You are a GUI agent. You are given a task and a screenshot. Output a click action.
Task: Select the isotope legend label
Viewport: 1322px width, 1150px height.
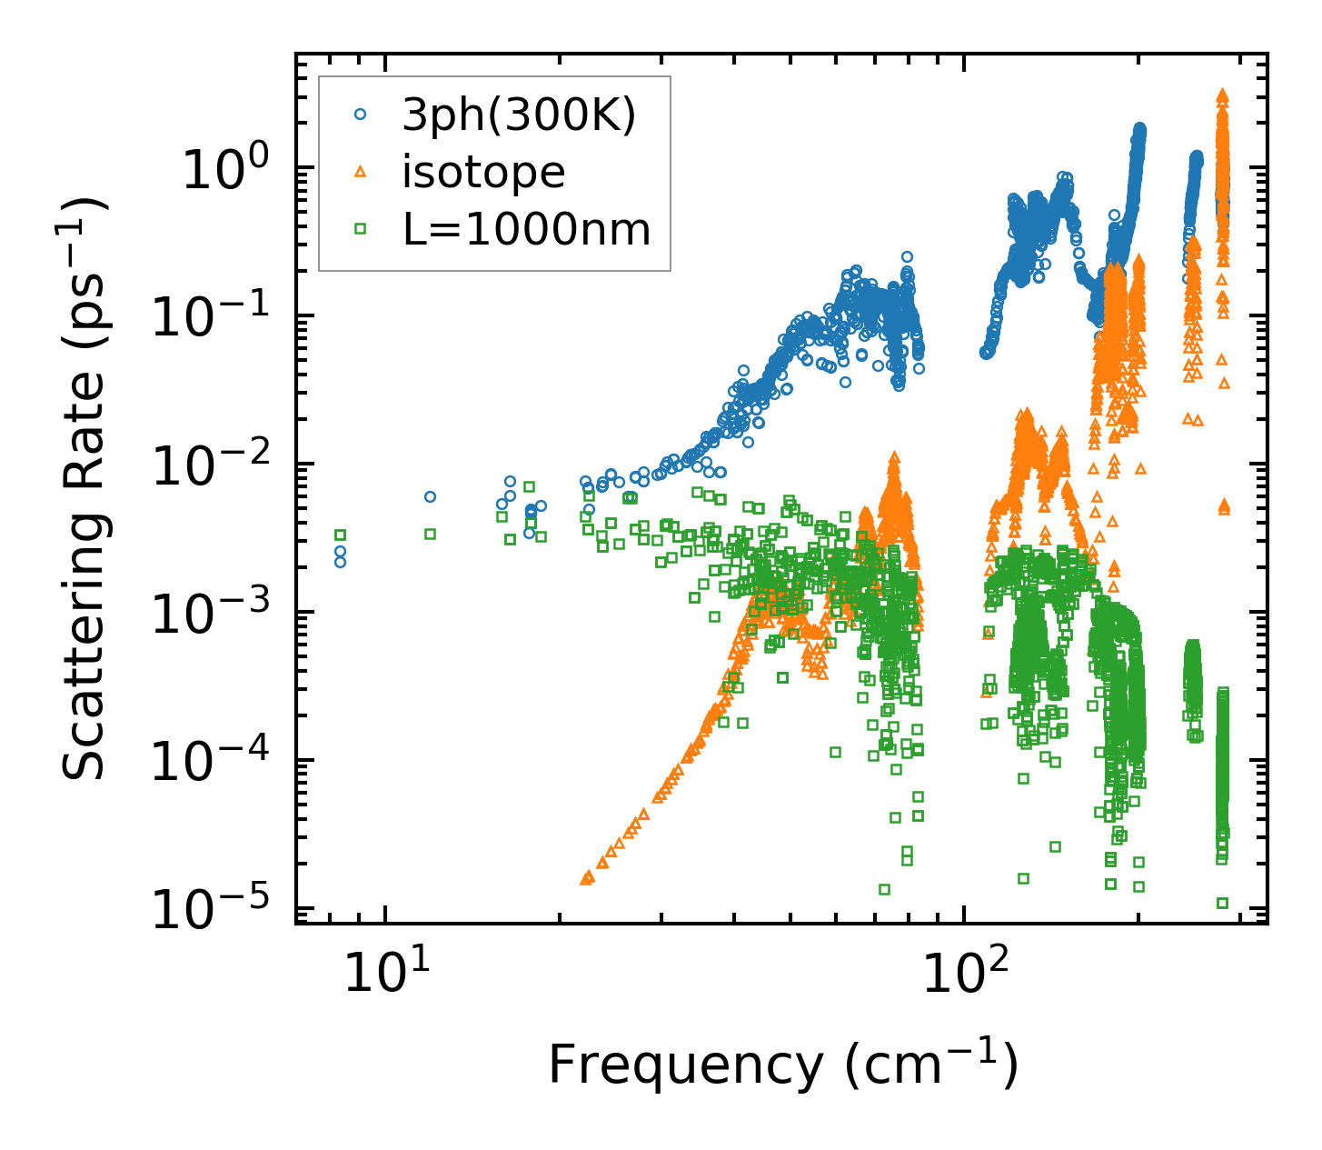(483, 173)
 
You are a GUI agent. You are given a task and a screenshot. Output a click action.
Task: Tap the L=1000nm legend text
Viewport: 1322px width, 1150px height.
(527, 230)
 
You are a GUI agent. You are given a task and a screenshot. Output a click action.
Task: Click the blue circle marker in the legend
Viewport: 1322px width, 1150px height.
(361, 115)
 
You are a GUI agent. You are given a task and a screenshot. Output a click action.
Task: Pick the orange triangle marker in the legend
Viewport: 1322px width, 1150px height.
(361, 172)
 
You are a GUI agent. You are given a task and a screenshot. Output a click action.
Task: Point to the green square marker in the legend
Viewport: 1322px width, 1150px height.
(361, 229)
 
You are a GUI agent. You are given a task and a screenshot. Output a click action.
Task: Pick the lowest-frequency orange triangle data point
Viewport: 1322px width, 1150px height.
(586, 878)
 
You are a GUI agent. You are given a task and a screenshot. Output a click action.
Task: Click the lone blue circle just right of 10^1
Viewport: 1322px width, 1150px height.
(430, 496)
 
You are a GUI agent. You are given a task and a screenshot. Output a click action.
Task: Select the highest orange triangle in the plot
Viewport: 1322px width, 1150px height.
(1222, 95)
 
